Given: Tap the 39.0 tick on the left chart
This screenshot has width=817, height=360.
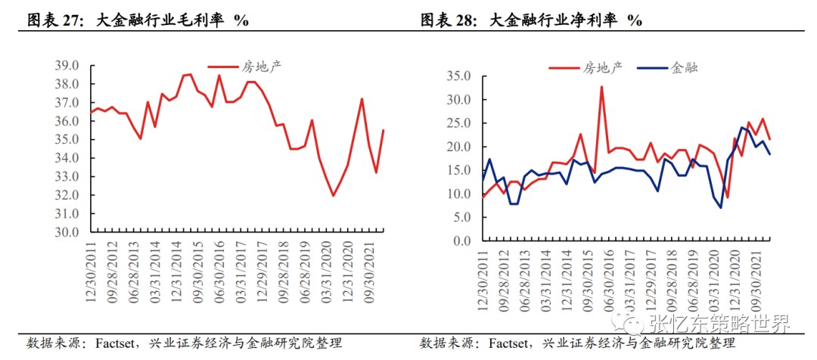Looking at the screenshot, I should [70, 66].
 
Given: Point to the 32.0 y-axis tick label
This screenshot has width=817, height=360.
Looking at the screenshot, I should [70, 195].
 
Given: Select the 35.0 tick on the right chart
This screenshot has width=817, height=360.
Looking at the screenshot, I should [458, 76].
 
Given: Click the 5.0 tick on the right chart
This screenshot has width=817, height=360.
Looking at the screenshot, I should [461, 218].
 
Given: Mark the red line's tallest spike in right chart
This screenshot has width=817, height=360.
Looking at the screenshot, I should [601, 87].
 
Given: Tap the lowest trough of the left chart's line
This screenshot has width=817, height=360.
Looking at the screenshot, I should [333, 195].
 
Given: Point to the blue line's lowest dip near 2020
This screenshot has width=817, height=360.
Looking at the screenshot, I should [720, 207].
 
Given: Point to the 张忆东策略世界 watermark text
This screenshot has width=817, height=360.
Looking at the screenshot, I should [719, 324].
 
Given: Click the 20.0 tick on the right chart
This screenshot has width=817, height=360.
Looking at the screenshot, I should [458, 147].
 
